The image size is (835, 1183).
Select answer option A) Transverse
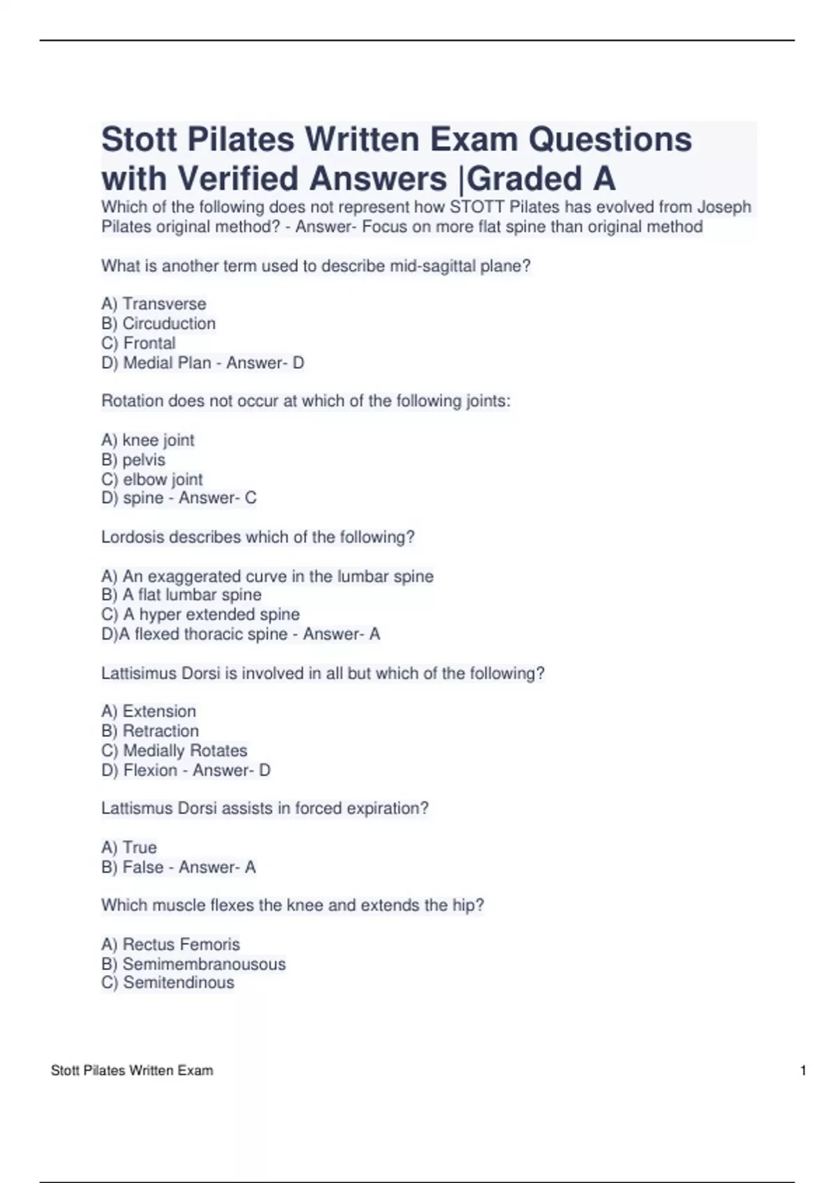coord(154,304)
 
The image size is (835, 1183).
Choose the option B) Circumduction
coord(159,324)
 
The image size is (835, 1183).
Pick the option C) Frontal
coord(138,343)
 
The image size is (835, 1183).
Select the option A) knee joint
coord(148,440)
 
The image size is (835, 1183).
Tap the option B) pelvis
coord(134,459)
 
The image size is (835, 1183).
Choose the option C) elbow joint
coord(152,479)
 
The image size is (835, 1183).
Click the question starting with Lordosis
coord(257,537)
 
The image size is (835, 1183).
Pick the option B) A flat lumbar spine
coord(182,595)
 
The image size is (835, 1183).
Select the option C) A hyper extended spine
coord(200,614)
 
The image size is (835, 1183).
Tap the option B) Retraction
coord(150,731)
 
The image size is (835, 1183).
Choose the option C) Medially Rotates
coord(174,750)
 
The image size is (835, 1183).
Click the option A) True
coord(129,847)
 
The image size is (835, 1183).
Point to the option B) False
coord(132,867)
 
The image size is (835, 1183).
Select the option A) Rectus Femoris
coord(170,944)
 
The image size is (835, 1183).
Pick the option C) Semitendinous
coord(168,983)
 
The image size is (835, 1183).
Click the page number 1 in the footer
coord(804,1070)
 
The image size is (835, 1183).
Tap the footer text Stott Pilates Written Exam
coord(132,1070)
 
